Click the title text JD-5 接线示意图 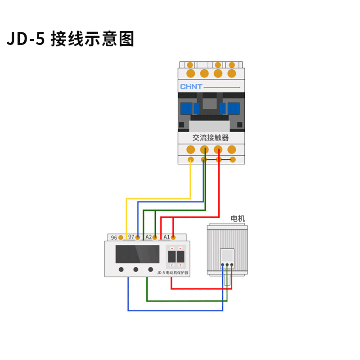click(x=71, y=39)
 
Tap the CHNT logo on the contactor click(x=192, y=86)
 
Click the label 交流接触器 click(x=211, y=138)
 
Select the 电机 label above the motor click(x=238, y=219)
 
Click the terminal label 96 click(x=114, y=237)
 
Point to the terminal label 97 click(x=131, y=237)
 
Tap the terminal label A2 click(x=148, y=237)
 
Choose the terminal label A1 click(x=166, y=237)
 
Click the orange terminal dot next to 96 click(x=121, y=237)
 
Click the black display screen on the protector click(x=137, y=254)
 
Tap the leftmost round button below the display click(x=121, y=270)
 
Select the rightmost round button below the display click(x=151, y=270)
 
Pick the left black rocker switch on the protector click(x=171, y=257)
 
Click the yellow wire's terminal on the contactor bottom click(x=191, y=160)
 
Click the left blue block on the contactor click(x=186, y=108)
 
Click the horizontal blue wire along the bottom click(x=175, y=310)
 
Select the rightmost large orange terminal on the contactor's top click(x=232, y=73)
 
